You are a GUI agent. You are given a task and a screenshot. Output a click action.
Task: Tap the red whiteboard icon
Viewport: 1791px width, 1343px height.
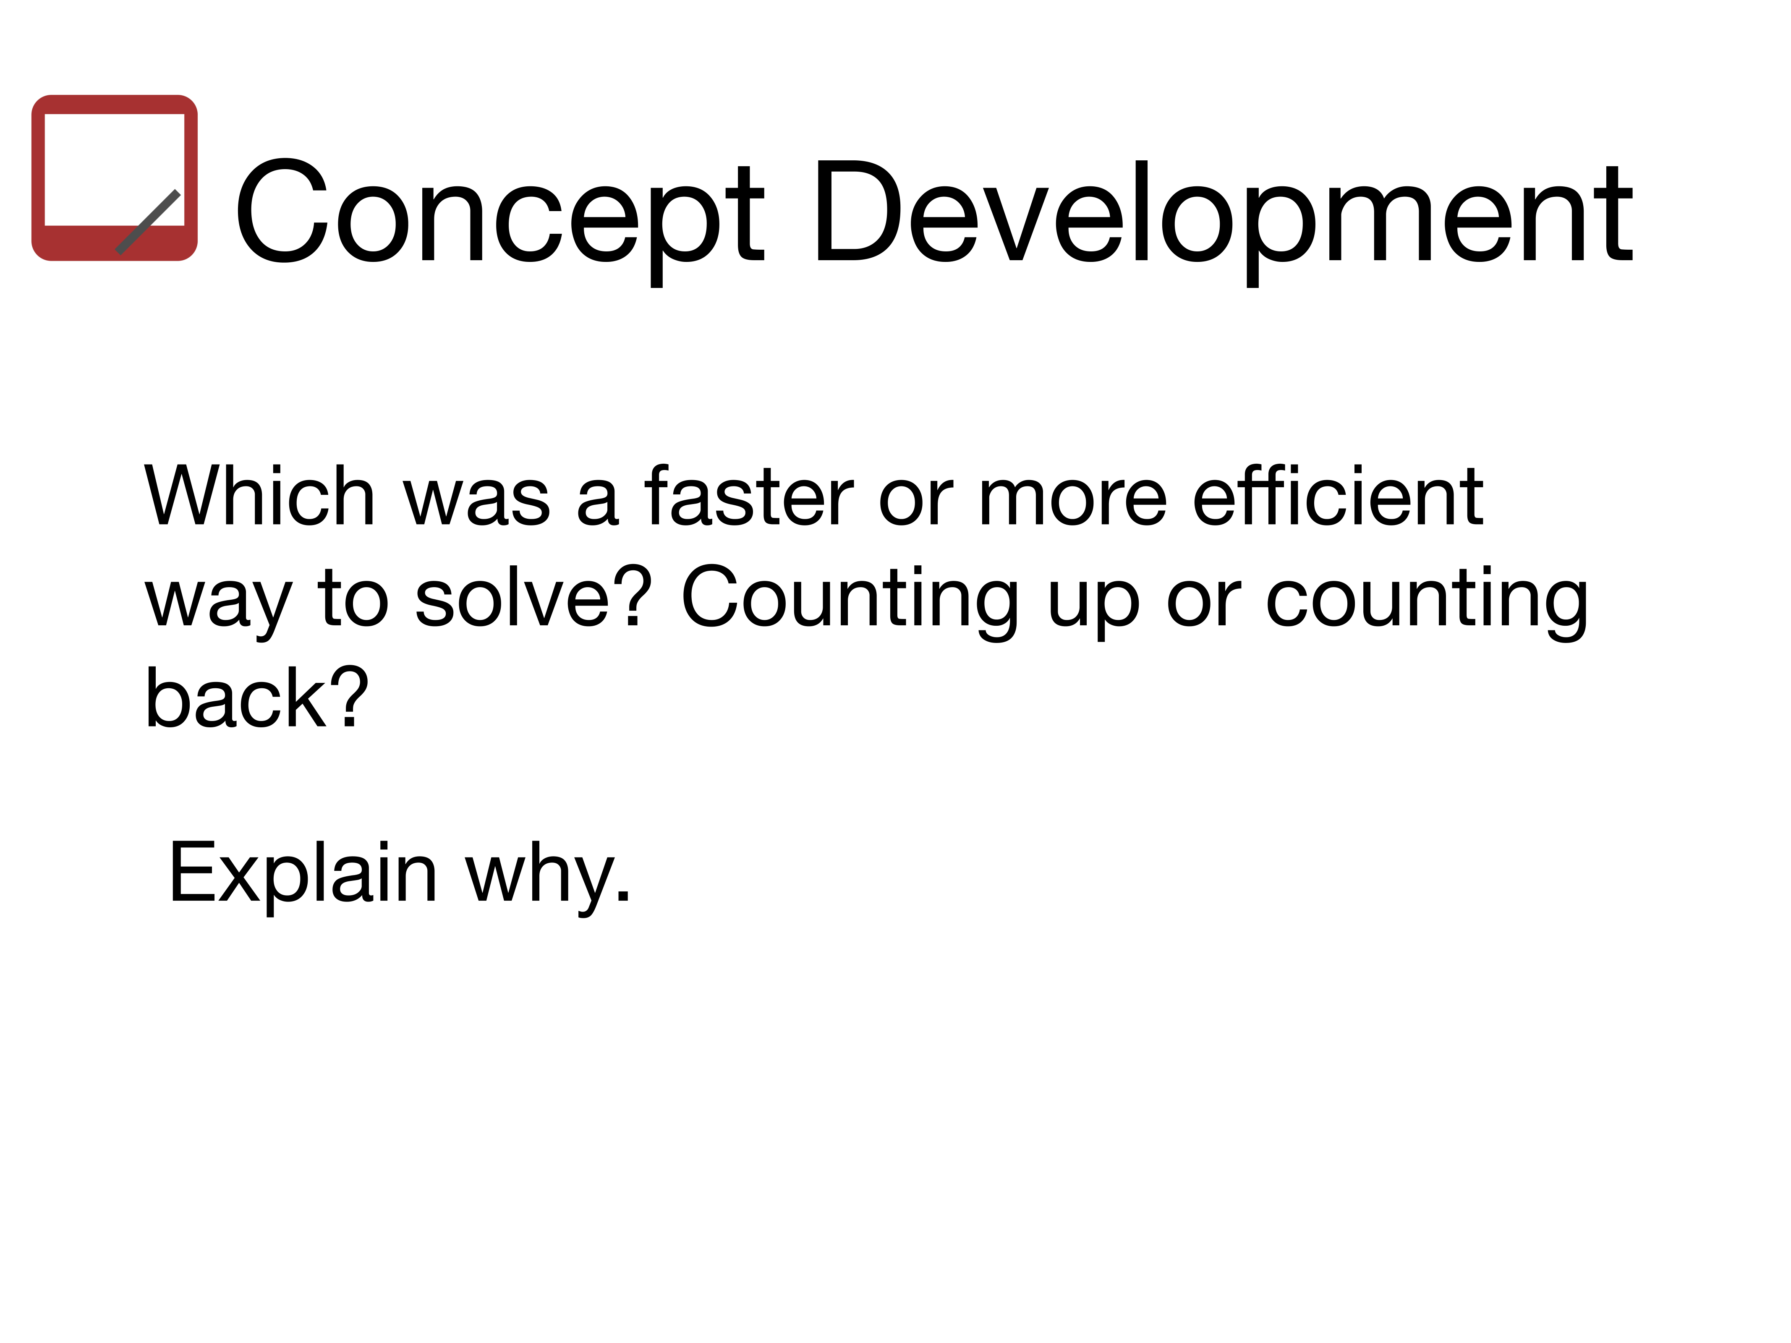(x=114, y=178)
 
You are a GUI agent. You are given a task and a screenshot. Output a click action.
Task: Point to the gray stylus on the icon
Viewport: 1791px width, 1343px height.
(x=148, y=222)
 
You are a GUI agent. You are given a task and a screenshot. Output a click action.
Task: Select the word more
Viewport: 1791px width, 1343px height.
(x=1073, y=502)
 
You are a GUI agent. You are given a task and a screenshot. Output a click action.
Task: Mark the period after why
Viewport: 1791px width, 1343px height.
(x=622, y=893)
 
